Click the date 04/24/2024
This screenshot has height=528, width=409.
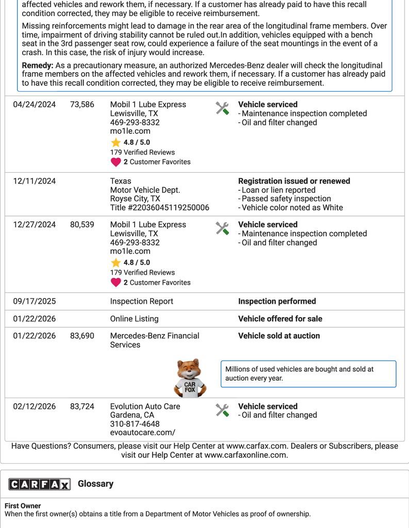[35, 105]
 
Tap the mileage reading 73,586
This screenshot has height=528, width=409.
[82, 105]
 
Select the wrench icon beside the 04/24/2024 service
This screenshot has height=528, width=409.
[222, 108]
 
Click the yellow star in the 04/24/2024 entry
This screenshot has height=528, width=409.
[116, 143]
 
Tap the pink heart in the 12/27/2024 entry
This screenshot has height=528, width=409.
[116, 283]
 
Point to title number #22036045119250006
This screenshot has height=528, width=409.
[159, 208]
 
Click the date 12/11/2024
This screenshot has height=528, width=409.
[35, 181]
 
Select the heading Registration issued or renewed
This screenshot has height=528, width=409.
[294, 181]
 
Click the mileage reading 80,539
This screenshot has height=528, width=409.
[82, 225]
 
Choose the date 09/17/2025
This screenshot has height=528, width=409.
[35, 302]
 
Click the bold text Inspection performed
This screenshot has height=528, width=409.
[277, 302]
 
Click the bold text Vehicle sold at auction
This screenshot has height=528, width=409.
[279, 336]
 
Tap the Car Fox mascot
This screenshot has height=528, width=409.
[189, 378]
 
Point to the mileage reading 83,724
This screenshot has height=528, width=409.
[82, 407]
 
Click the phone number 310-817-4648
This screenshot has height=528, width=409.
[135, 424]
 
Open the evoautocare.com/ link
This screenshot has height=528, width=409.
[142, 433]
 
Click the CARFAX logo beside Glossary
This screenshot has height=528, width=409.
[39, 484]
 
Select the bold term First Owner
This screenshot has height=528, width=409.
[23, 506]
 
